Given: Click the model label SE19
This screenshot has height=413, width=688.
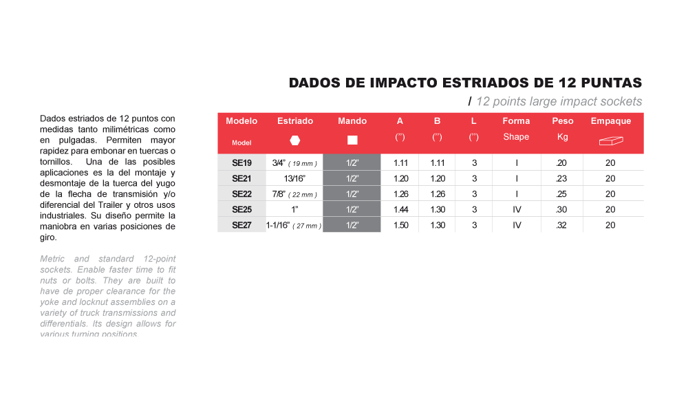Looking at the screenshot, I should tap(241, 163).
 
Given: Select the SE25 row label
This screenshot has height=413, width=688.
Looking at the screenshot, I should tap(241, 209).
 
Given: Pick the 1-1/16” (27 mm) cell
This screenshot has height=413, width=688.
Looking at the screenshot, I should tap(294, 225).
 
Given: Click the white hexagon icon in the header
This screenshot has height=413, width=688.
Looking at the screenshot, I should tap(294, 140).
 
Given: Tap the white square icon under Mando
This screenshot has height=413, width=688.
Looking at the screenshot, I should tap(352, 140).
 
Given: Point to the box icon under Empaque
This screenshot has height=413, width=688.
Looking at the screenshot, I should tap(610, 140).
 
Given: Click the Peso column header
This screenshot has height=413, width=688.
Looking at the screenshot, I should tap(563, 121).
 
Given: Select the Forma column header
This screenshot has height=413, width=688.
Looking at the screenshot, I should tap(516, 121).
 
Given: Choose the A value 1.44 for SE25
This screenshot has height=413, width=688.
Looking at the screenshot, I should tap(400, 209).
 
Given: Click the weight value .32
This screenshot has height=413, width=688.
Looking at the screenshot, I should tap(563, 225).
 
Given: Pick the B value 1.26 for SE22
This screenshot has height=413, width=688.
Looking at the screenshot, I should tap(438, 194).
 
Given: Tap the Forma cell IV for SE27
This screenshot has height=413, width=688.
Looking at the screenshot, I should tap(516, 225).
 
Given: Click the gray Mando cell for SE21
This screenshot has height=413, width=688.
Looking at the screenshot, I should tap(352, 178).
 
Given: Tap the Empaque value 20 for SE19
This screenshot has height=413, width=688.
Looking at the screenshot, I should tap(610, 163).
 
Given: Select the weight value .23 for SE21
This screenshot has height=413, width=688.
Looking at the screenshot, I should tap(563, 178).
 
